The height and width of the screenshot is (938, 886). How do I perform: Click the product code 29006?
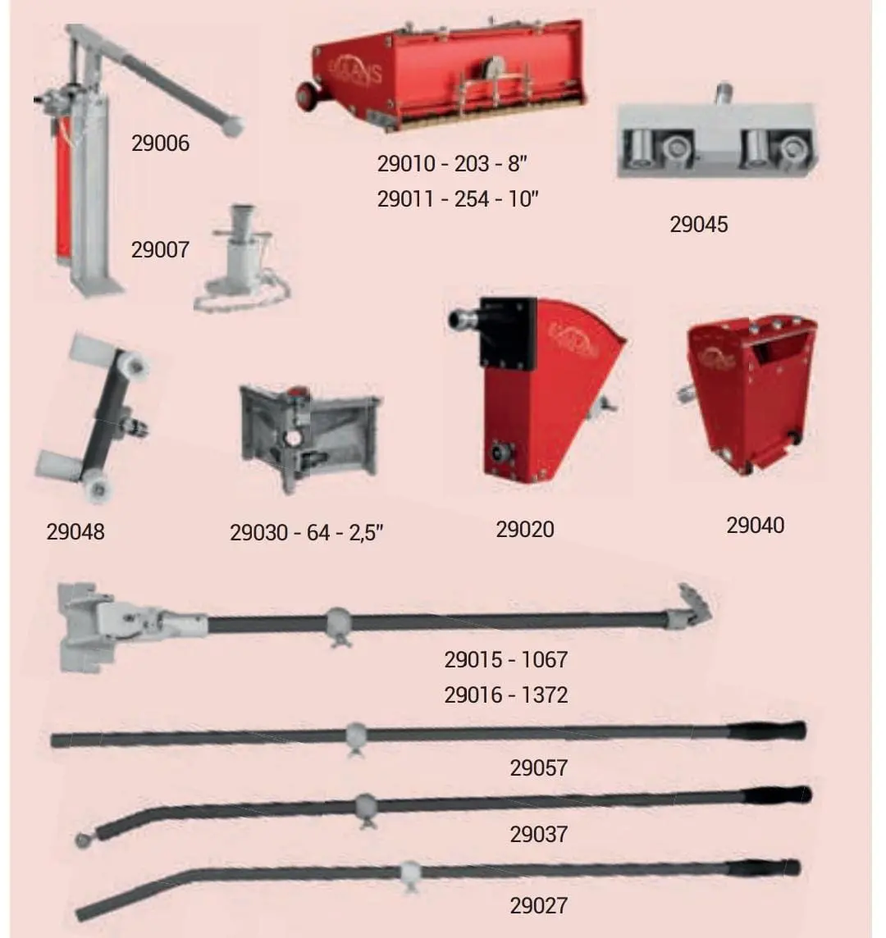pyautogui.click(x=160, y=143)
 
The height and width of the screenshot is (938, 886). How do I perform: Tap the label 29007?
pyautogui.click(x=160, y=250)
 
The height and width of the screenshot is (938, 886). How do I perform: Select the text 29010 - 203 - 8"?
pyautogui.click(x=452, y=163)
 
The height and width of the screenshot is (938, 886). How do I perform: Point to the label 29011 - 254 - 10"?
pyautogui.click(x=458, y=198)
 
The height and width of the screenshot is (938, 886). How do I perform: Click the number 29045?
pyautogui.click(x=699, y=225)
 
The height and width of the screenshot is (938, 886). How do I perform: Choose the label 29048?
pyautogui.click(x=75, y=532)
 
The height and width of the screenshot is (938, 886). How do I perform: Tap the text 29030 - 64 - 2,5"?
pyautogui.click(x=307, y=532)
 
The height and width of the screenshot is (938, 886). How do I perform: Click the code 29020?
pyautogui.click(x=525, y=530)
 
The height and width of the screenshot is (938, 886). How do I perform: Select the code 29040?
pyautogui.click(x=756, y=526)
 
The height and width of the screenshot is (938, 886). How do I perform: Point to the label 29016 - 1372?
pyautogui.click(x=506, y=695)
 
